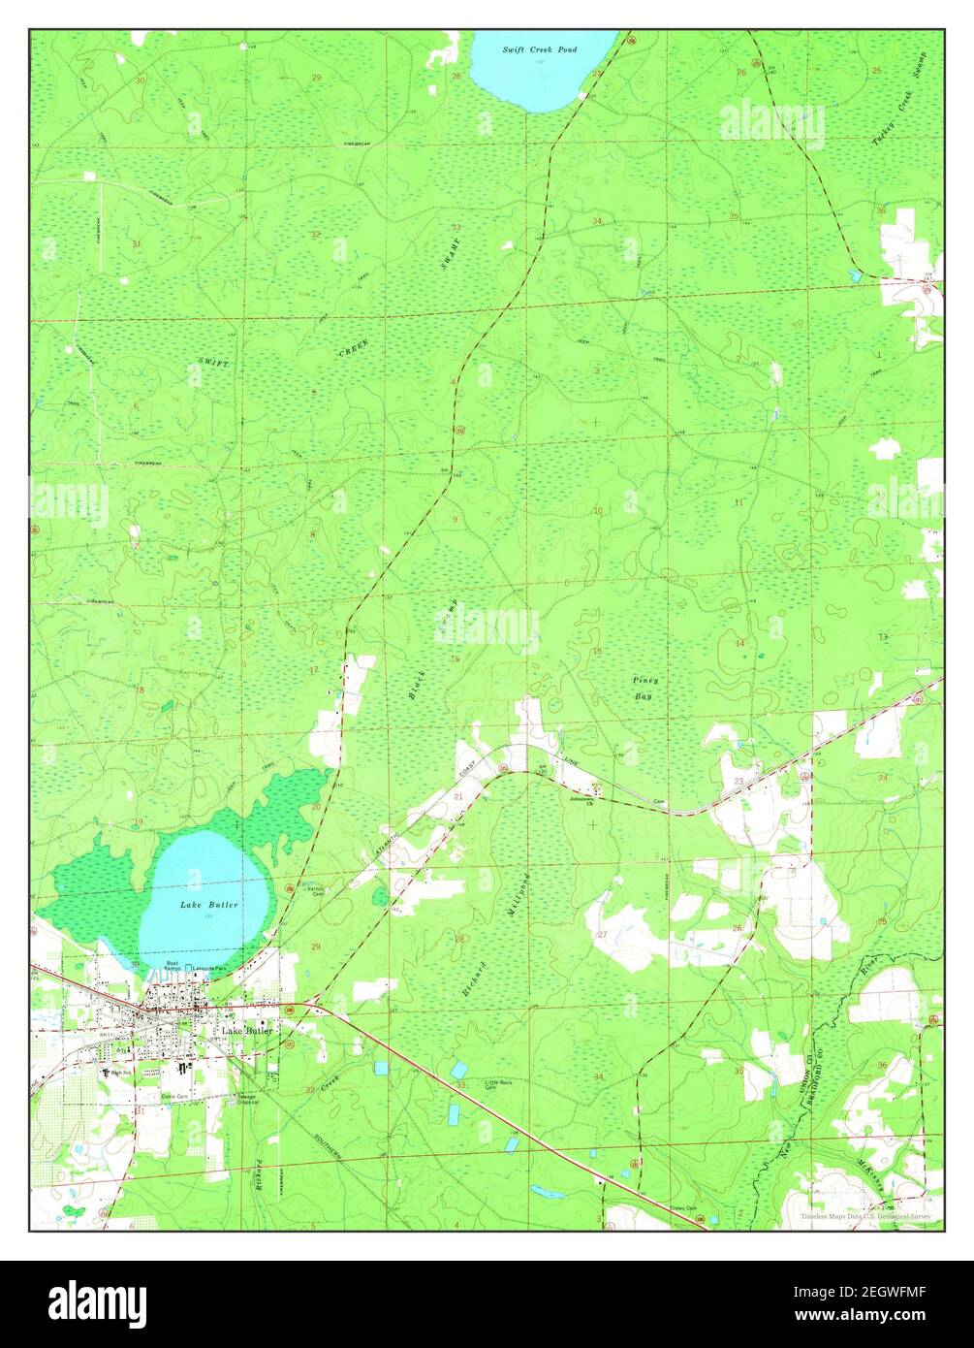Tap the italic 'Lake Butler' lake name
[x=202, y=904]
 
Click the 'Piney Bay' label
[x=644, y=688]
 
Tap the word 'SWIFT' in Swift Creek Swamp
[x=213, y=362]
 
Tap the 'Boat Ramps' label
[x=173, y=966]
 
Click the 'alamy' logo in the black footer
[x=97, y=1300]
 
